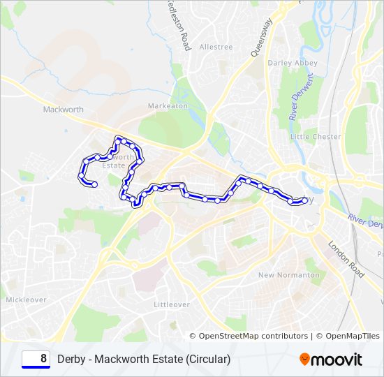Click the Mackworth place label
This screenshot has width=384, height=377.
tap(63, 110)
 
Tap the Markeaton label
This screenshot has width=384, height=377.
tap(168, 105)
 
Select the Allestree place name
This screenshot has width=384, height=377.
tap(216, 47)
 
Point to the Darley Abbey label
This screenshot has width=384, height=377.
tap(293, 63)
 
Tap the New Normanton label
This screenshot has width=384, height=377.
tap(289, 275)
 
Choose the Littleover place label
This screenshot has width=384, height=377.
tap(172, 305)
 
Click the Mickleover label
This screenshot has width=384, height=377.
tap(26, 300)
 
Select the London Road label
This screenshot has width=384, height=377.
tap(346, 260)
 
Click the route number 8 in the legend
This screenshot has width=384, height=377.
tap(43, 359)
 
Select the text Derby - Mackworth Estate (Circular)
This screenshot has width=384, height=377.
tap(144, 360)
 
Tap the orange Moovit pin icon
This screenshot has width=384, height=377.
tap(305, 360)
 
